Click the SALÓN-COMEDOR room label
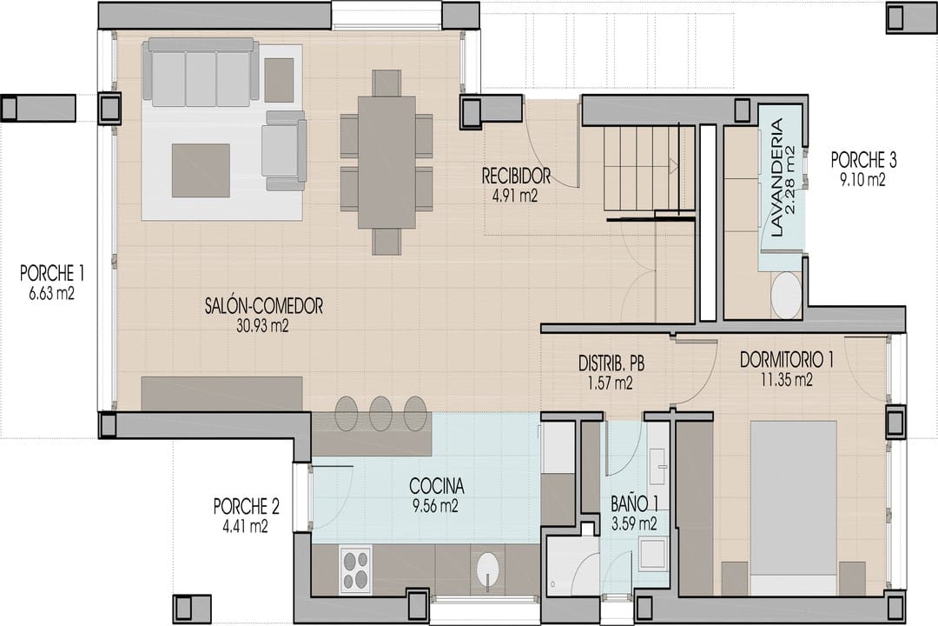pos(264,306)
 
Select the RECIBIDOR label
pos(516,176)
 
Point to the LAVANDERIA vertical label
pos(776,178)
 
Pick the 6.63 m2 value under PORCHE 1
pos(51,294)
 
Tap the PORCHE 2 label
pos(247,507)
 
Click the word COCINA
pos(437,485)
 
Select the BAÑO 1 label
pos(634,503)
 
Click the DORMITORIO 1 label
pos(787,360)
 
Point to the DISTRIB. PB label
pos(611,363)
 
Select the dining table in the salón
pos(386,163)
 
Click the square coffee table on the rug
pos(201,170)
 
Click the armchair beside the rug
pos(283,150)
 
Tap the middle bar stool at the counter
pos(380,413)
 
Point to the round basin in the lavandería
pos(785,295)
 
